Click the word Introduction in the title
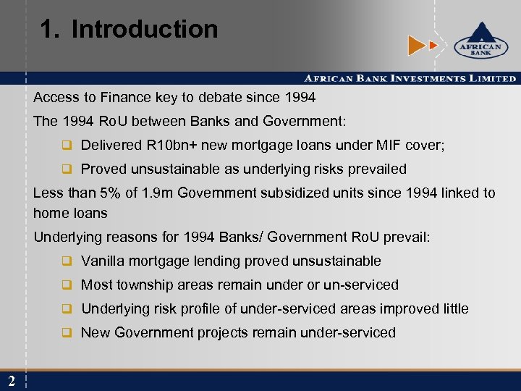coord(145,30)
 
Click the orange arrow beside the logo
coord(418,46)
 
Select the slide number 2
coord(12,382)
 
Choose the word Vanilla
coord(103,261)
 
